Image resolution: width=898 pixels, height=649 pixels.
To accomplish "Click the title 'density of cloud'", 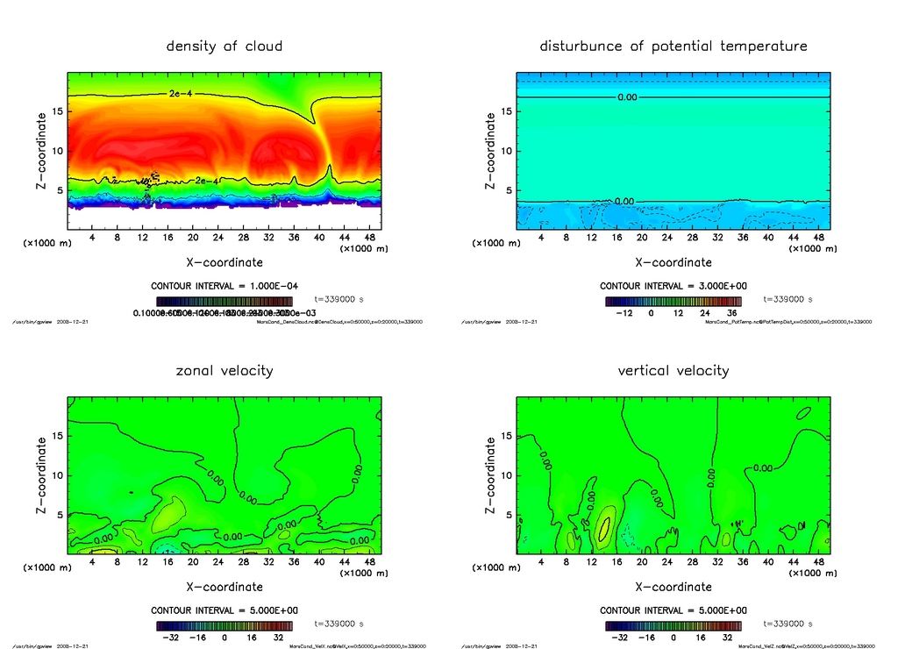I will point(224,46).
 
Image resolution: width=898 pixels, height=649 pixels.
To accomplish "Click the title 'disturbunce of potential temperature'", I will point(673,46).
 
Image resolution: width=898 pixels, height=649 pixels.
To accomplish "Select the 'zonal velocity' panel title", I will point(224,370).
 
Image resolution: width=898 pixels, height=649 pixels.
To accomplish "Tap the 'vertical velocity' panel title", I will point(673,370).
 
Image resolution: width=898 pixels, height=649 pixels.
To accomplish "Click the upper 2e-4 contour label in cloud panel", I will point(181,93).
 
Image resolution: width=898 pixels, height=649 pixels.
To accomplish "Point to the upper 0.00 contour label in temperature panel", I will point(627,96).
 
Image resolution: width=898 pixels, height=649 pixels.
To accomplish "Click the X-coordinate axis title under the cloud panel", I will point(224,261).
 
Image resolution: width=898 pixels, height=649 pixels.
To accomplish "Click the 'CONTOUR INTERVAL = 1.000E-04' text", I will point(224,286).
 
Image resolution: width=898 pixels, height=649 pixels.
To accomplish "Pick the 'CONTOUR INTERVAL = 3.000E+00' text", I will point(673,286).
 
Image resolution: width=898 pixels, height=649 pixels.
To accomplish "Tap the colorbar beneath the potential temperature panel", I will point(673,300).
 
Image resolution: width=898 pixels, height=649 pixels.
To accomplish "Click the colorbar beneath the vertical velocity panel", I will point(673,625).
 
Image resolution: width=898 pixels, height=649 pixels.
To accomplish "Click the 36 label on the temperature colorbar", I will point(731,312).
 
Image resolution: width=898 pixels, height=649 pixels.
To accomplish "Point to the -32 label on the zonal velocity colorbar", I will point(169,638).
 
